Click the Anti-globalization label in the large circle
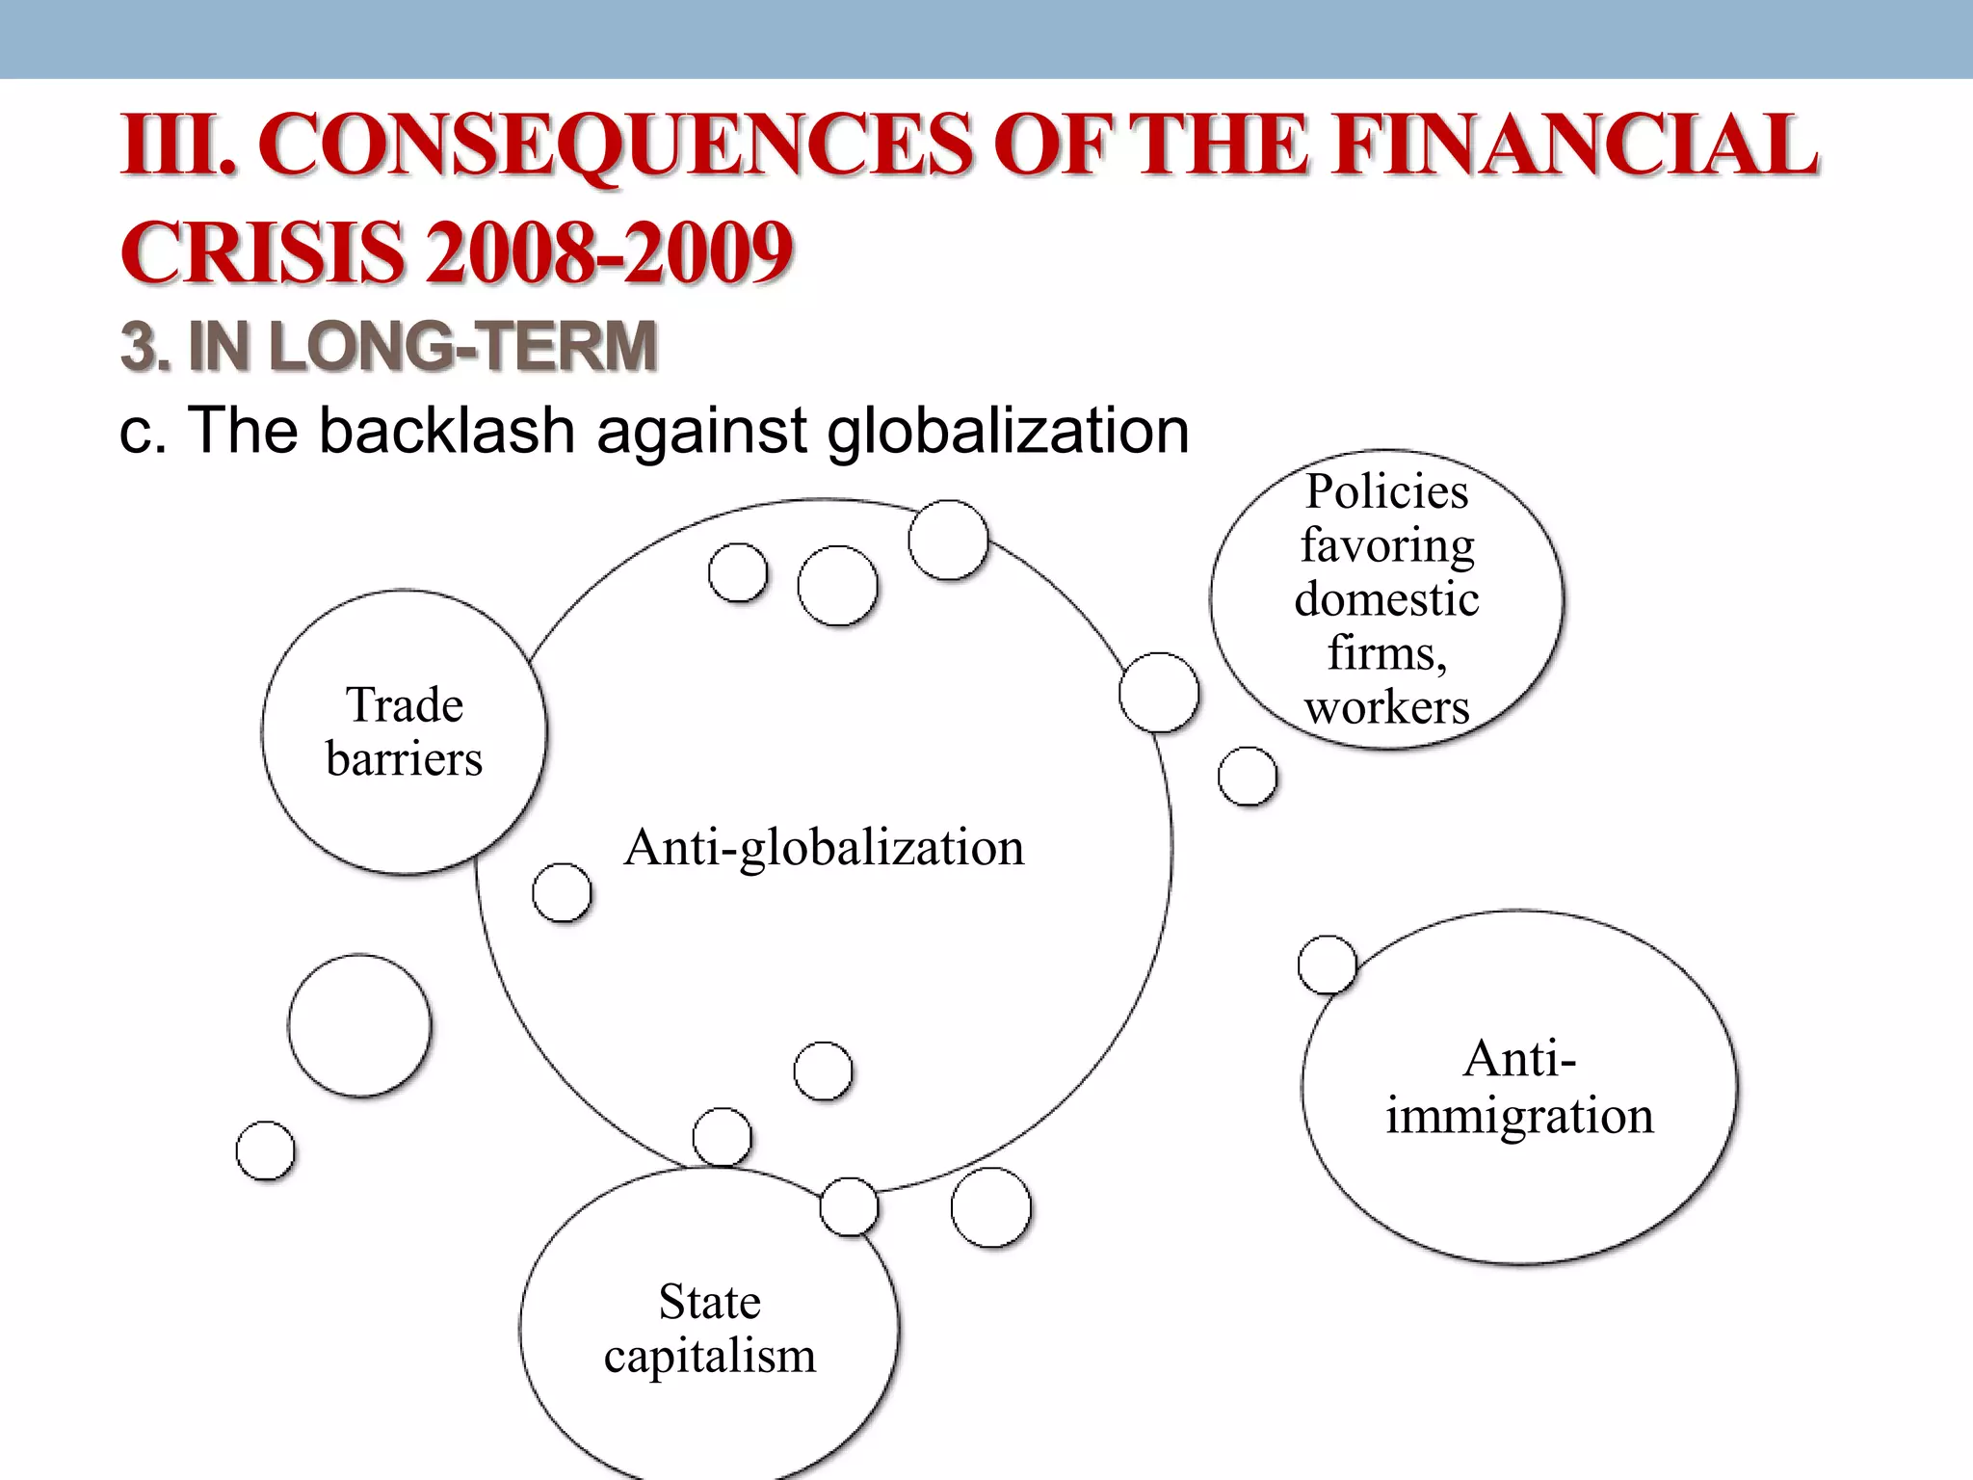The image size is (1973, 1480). [824, 848]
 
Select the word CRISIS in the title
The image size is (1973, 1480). [262, 252]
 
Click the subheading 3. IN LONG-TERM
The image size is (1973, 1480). [388, 346]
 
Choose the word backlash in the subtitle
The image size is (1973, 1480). [447, 430]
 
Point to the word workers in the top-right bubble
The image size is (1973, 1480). [1387, 707]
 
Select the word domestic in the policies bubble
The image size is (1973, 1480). [1387, 599]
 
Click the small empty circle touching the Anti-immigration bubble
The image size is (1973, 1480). [1328, 965]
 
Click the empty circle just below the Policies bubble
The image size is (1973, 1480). [1248, 777]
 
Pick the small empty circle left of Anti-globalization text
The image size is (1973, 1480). [562, 892]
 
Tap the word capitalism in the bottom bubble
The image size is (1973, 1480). [710, 1356]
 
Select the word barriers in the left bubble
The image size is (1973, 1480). [405, 758]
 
